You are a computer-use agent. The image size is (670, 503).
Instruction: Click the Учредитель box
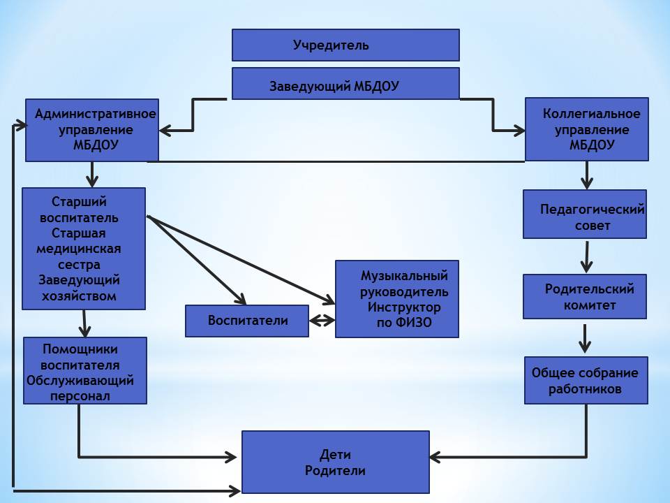345,45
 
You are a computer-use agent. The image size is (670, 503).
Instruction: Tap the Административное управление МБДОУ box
91,130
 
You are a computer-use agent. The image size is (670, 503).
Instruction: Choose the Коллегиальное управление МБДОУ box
586,129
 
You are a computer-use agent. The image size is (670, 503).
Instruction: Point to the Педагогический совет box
585,214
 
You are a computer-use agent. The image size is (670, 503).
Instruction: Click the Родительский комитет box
585,297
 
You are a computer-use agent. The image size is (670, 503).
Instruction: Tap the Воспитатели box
247,321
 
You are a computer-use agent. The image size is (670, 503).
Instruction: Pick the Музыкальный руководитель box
398,299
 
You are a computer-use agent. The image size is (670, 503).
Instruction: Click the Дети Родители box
335,462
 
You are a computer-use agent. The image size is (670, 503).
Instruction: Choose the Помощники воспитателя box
85,370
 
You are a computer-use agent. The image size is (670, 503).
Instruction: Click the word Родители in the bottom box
335,471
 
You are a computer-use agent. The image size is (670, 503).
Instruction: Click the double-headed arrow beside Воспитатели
322,321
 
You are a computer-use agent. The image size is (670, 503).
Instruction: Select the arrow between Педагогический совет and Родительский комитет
586,257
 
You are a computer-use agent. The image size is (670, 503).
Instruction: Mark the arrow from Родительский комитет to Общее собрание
585,338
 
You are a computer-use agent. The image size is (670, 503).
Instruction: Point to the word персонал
80,395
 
